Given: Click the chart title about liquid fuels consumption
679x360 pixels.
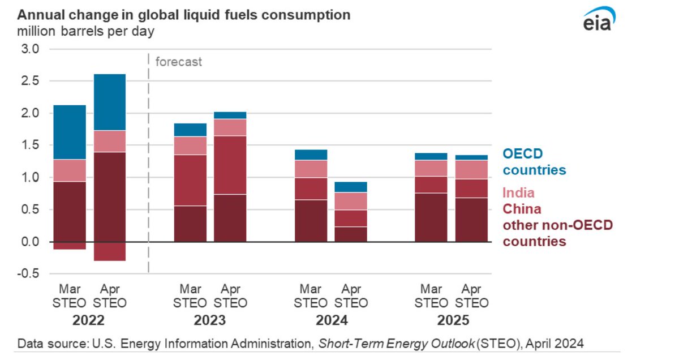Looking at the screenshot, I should click(x=184, y=15).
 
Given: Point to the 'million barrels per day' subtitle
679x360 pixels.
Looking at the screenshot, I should click(x=85, y=31).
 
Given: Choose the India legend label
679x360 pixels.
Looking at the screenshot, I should click(x=518, y=193).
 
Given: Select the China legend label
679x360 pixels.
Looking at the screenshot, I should click(x=522, y=209).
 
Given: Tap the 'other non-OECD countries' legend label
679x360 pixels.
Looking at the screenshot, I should click(x=557, y=233).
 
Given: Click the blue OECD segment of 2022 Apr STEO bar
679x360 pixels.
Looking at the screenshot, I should click(x=109, y=102).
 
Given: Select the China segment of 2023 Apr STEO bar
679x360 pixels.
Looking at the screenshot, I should click(x=230, y=165).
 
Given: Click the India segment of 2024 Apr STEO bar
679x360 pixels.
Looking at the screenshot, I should click(x=351, y=201).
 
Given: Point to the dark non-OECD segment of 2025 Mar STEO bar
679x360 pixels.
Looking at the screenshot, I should click(x=431, y=217).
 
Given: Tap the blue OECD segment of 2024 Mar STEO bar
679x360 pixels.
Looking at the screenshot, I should click(x=311, y=155).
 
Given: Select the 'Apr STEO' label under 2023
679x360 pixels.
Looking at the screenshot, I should click(x=230, y=295).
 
